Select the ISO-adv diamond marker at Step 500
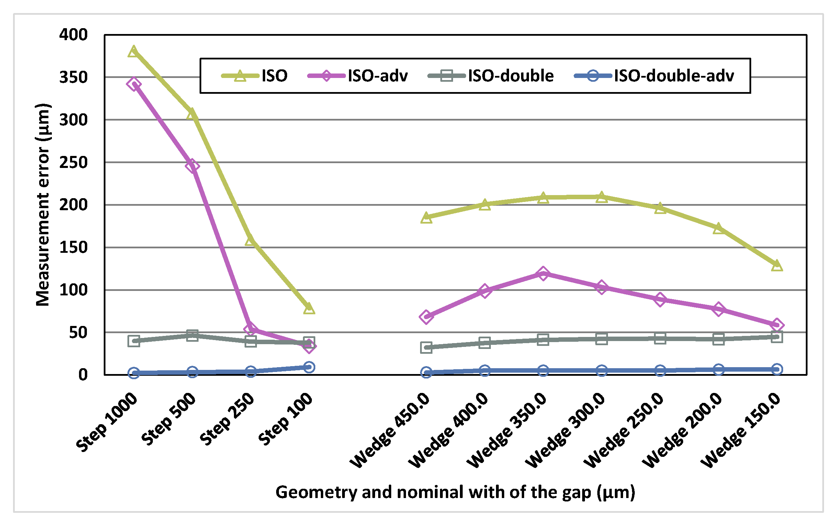192,166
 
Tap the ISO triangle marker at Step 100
309,308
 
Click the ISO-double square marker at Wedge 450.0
426,348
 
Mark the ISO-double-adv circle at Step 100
309,367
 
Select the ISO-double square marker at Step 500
192,335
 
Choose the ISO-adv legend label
377,76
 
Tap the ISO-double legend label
510,76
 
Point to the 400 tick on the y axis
73,35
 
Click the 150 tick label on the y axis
73,248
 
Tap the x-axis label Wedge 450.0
390,430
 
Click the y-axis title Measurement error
43,205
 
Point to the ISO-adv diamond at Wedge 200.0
719,309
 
